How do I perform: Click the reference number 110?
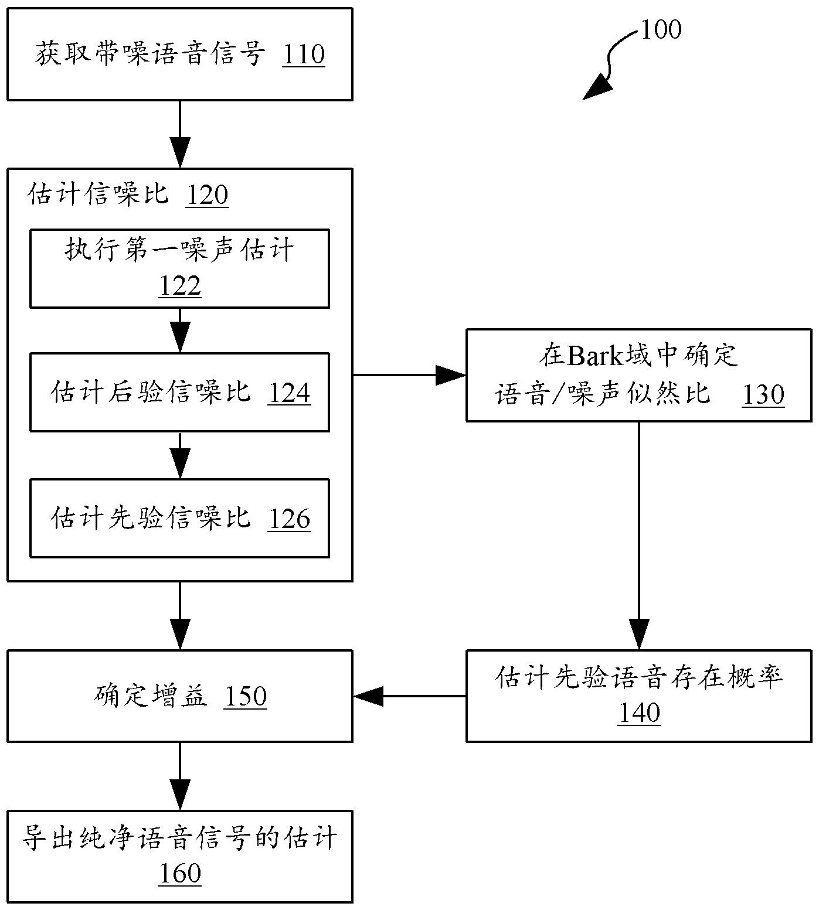[x=303, y=54]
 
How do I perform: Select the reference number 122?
[x=180, y=287]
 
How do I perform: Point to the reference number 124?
[x=289, y=393]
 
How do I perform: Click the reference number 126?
[x=289, y=519]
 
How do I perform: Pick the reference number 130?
[x=763, y=395]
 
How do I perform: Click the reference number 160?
[x=180, y=874]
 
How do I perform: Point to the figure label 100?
[x=661, y=30]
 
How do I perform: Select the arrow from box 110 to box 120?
[x=180, y=135]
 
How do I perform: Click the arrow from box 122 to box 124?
[x=180, y=330]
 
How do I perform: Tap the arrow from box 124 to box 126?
[x=180, y=456]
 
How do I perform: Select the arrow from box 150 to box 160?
[x=180, y=776]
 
